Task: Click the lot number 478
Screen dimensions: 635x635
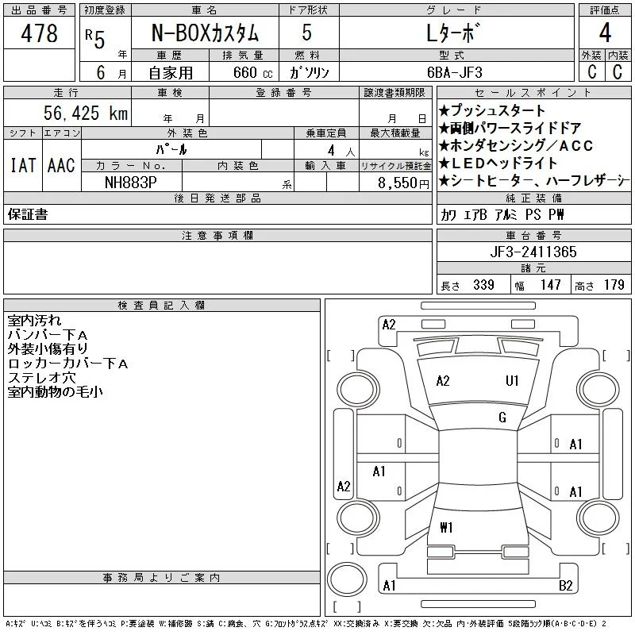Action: click(39, 33)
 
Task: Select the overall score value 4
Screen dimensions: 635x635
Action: click(605, 33)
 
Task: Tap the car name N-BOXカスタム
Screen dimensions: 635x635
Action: click(205, 33)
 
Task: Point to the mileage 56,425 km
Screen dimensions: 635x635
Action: click(86, 113)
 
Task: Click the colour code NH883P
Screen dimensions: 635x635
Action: click(131, 183)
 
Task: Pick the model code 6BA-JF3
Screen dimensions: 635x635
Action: click(455, 72)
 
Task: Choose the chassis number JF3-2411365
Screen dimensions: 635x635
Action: click(533, 252)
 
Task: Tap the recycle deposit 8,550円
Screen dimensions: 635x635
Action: click(403, 183)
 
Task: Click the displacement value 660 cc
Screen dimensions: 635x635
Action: click(253, 73)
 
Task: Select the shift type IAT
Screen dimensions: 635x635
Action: click(23, 165)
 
